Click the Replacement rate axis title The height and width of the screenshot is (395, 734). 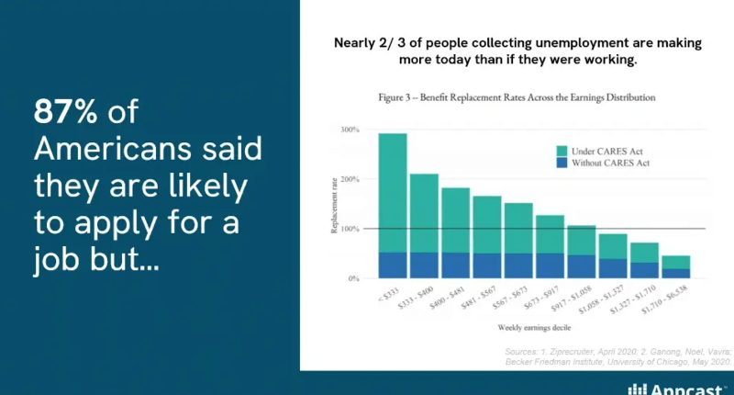pos(336,204)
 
